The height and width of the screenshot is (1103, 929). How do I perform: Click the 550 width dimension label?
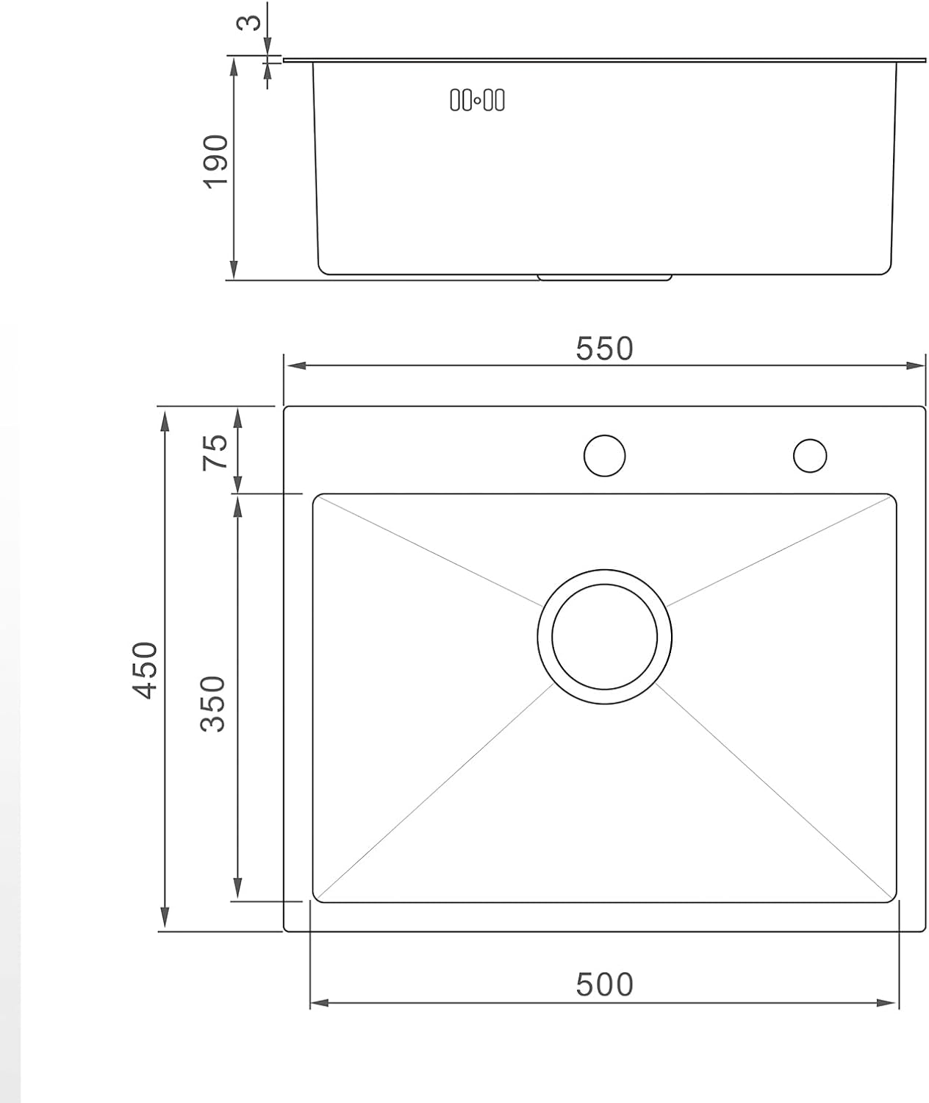pyautogui.click(x=603, y=349)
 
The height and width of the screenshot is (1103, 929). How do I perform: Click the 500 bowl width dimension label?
pyautogui.click(x=603, y=985)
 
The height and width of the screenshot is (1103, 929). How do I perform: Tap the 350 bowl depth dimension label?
pyautogui.click(x=213, y=704)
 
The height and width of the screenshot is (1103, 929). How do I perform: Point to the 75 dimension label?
pyautogui.click(x=215, y=452)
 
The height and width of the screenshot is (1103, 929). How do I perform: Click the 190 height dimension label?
pyautogui.click(x=215, y=162)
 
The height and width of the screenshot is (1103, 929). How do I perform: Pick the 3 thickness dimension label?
pyautogui.click(x=248, y=22)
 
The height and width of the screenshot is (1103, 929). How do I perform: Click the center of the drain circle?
pyautogui.click(x=604, y=637)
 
